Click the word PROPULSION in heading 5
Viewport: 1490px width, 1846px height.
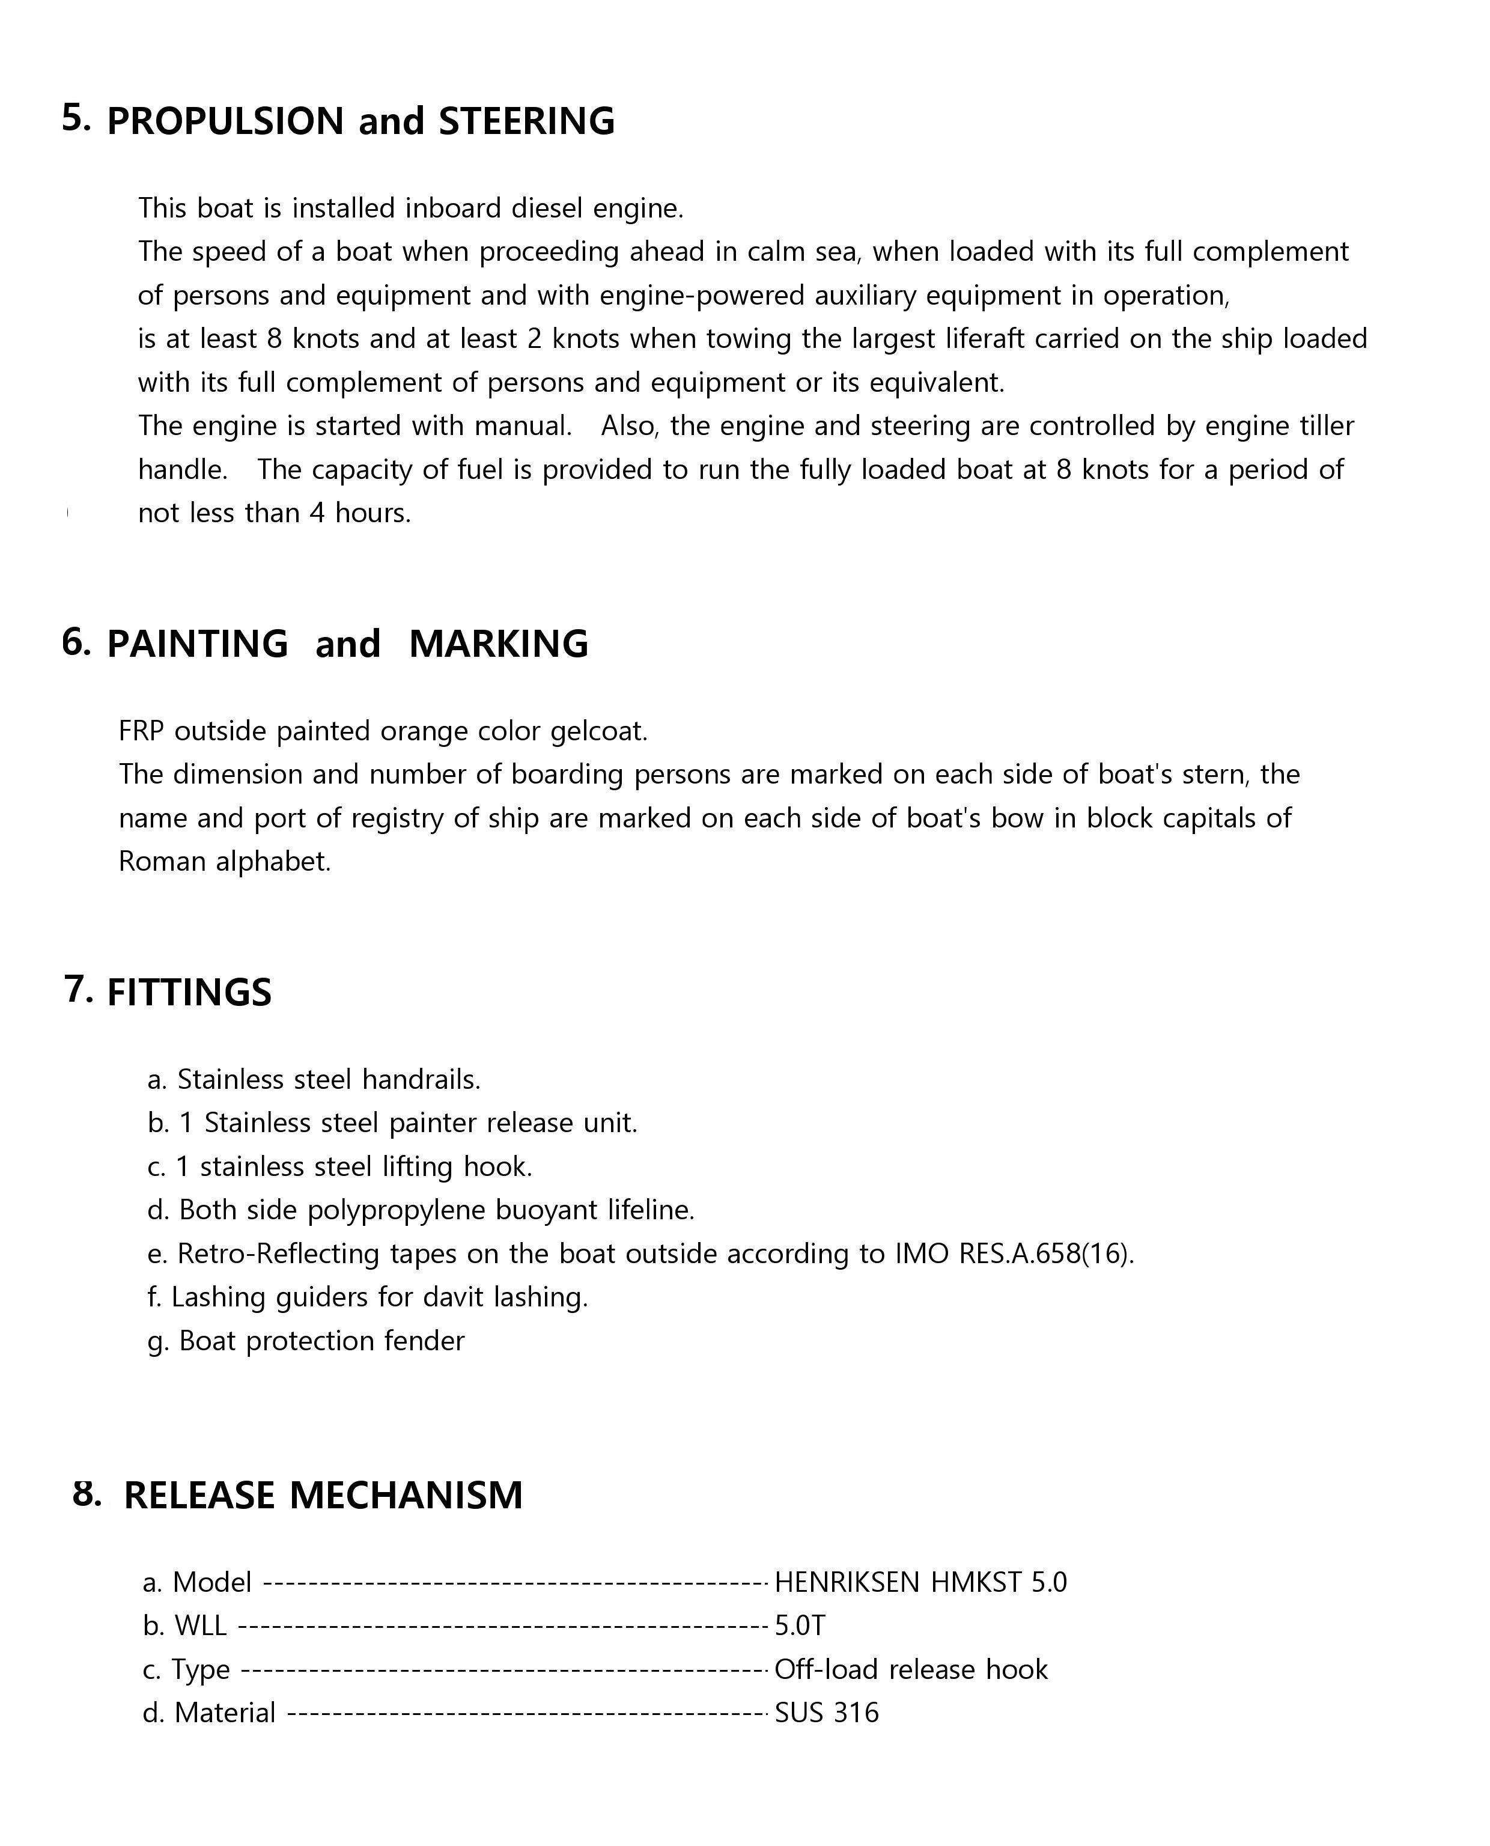click(x=225, y=121)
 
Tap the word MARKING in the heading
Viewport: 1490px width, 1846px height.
click(x=498, y=644)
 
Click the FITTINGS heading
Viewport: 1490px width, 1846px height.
click(x=189, y=992)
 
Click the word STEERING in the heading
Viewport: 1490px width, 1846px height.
click(x=526, y=121)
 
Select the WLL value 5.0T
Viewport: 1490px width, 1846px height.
click(x=800, y=1625)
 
